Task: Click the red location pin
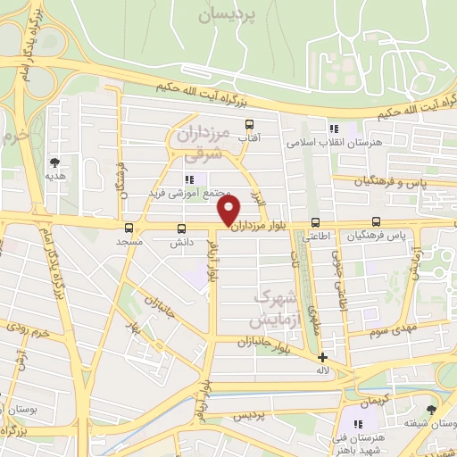(229, 210)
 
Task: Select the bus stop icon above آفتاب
(249, 126)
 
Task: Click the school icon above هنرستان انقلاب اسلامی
(334, 129)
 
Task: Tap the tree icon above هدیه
(56, 162)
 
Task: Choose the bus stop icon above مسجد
(129, 228)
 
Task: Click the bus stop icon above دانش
(182, 228)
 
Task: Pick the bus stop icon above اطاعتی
(314, 223)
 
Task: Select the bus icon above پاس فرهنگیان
(376, 222)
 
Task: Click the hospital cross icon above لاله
(321, 357)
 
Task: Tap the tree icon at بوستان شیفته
(433, 410)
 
